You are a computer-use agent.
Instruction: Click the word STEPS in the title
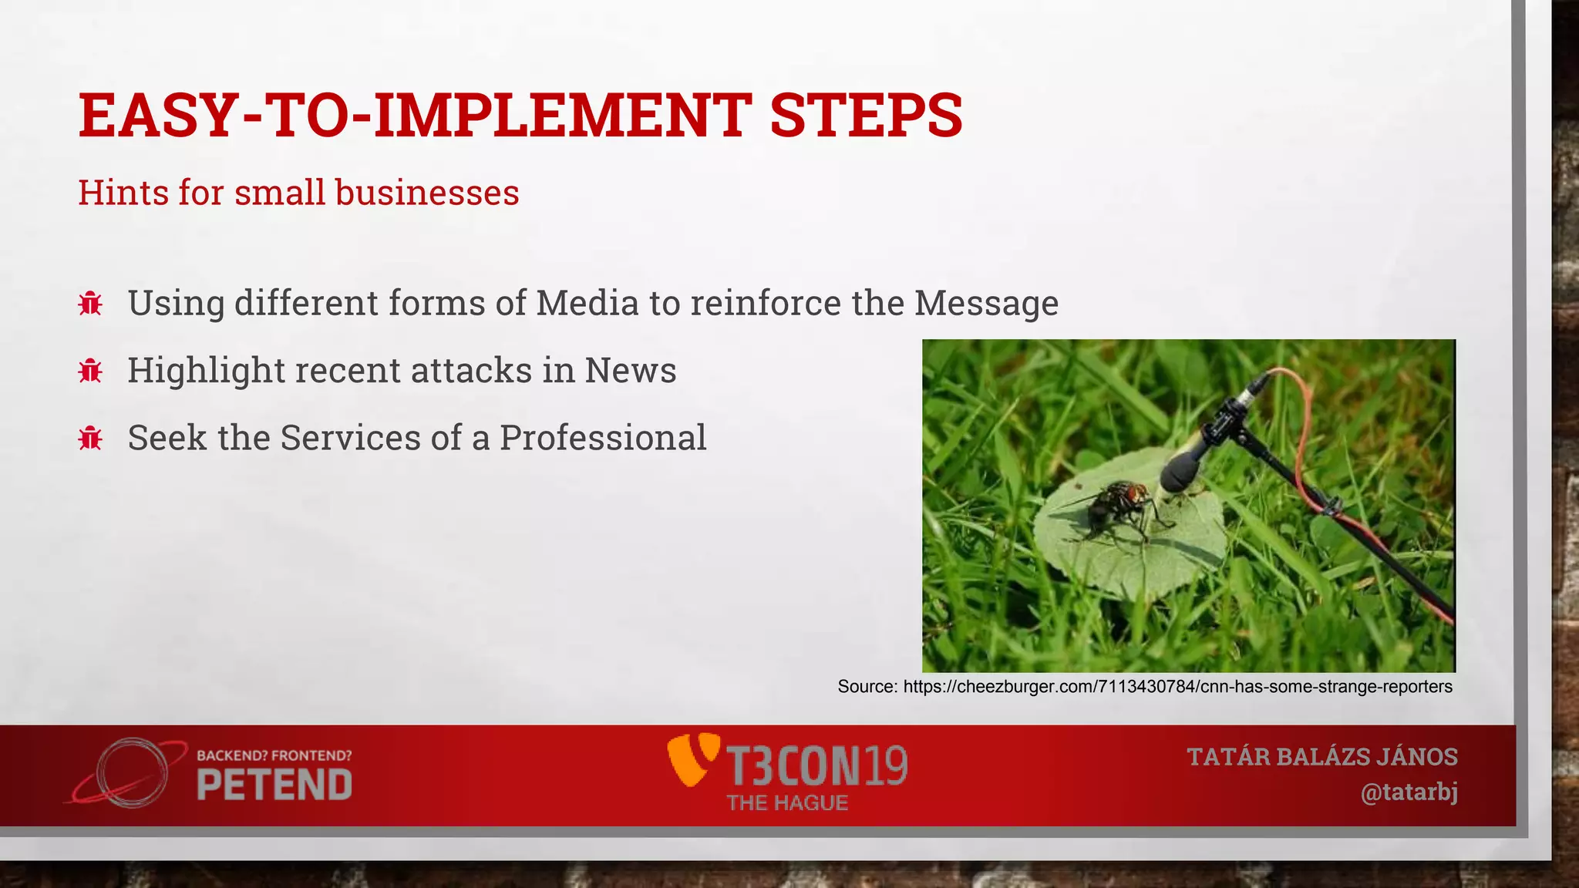[866, 116]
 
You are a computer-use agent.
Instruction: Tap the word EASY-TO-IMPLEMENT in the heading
[415, 116]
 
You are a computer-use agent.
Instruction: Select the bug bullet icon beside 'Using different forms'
[90, 304]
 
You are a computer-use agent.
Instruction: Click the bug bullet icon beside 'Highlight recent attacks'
[90, 372]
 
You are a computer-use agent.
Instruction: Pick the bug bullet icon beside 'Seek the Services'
[90, 439]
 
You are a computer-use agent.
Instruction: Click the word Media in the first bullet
[587, 303]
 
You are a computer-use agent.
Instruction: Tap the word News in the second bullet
[630, 371]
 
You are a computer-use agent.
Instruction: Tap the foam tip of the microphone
[1178, 471]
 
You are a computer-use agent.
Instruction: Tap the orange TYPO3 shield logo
[692, 760]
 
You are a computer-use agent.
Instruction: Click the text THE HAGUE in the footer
[787, 803]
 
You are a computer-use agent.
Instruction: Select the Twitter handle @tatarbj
[1409, 792]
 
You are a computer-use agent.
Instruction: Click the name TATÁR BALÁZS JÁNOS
[1321, 757]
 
